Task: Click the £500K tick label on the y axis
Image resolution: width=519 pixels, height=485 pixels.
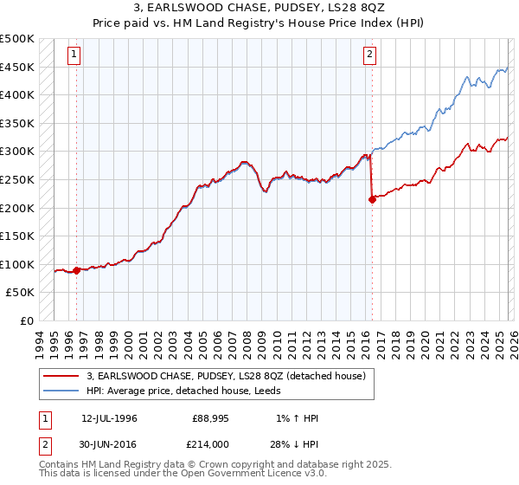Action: point(17,39)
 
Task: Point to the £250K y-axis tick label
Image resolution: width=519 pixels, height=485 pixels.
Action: point(17,179)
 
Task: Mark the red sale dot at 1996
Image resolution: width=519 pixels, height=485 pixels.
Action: point(76,270)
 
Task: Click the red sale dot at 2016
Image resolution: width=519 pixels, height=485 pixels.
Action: point(372,199)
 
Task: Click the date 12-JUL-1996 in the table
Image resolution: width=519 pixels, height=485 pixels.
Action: point(109,418)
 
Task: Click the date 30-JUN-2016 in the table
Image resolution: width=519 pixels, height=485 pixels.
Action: point(109,444)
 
